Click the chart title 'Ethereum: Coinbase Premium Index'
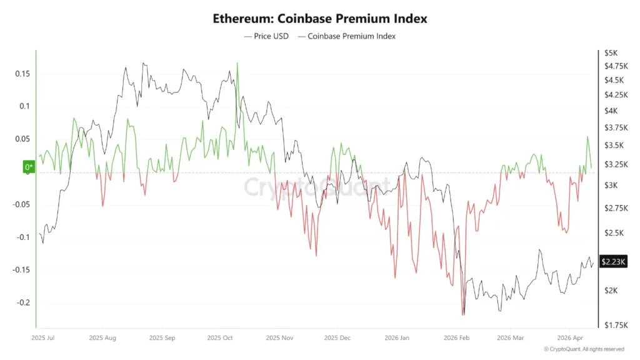tap(320, 18)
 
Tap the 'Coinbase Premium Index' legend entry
tap(347, 36)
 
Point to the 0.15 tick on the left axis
tap(22, 74)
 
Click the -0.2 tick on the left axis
tap(22, 302)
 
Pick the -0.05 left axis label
tap(21, 204)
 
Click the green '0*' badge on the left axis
tap(29, 167)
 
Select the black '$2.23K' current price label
tap(612, 262)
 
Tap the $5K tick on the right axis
tap(611, 52)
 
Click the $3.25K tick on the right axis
tap(614, 164)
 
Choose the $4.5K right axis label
tap(613, 80)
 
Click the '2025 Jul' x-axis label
tap(43, 337)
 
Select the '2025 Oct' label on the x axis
tap(220, 337)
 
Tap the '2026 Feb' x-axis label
tap(456, 337)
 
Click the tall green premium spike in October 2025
tap(237, 64)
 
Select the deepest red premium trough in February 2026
tap(463, 314)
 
